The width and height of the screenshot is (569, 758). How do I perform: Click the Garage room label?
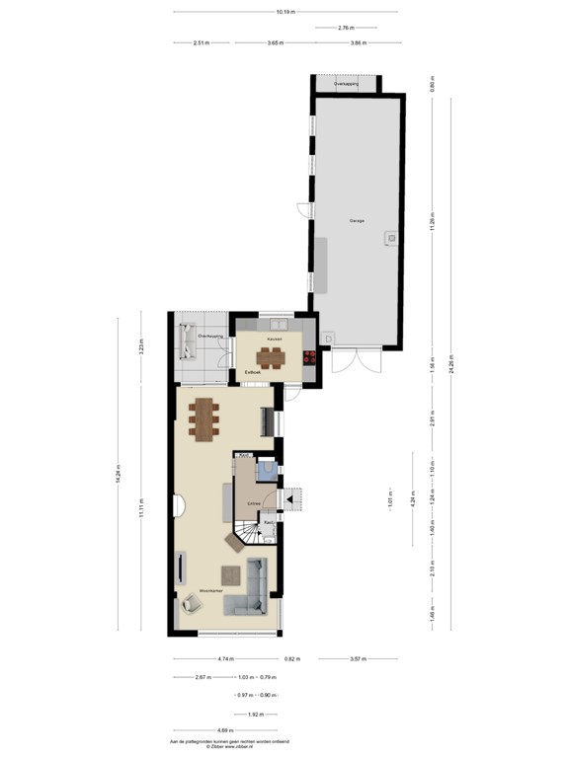357,220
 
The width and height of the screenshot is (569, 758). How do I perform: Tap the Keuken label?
276,339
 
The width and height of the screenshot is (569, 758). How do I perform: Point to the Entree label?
254,502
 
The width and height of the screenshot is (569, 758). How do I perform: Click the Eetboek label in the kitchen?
253,372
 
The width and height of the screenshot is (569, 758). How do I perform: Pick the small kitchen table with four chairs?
273,356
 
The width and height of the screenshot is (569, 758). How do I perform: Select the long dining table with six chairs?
206,417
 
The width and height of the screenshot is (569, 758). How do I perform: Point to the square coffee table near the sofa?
232,574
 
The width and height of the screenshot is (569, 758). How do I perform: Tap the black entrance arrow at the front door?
291,500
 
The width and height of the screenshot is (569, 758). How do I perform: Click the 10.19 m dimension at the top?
285,12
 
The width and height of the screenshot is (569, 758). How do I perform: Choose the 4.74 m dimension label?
226,658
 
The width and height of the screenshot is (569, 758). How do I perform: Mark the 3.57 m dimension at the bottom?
359,658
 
